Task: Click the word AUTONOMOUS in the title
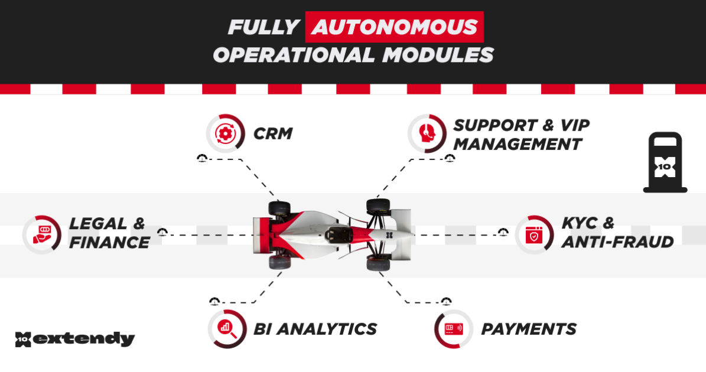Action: tap(395, 27)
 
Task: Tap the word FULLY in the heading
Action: tap(264, 27)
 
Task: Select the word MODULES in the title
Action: tap(438, 55)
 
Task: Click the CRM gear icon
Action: tap(225, 133)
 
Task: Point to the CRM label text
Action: tap(273, 133)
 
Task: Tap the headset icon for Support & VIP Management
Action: tap(427, 133)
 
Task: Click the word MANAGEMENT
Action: tap(518, 145)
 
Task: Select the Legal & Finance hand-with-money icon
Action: tap(42, 235)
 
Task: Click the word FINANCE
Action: tap(109, 243)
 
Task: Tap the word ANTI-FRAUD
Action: tap(617, 242)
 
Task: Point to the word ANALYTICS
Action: tap(327, 329)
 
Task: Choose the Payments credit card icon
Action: tap(454, 329)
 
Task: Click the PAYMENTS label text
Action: tap(529, 329)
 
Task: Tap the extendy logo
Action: tap(75, 339)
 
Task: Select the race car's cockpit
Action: tap(338, 234)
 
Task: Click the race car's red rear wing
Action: tap(262, 235)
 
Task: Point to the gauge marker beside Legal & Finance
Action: tap(162, 232)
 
